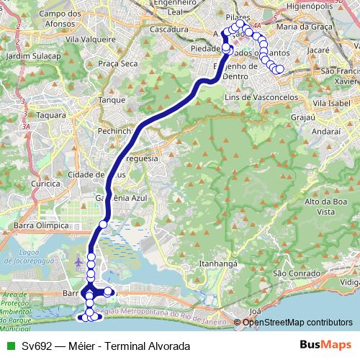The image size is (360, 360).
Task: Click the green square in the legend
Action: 9,346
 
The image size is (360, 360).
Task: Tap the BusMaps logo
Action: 325,346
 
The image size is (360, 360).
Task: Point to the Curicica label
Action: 45,184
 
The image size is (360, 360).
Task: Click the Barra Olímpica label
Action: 40,225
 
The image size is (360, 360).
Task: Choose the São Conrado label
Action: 292,274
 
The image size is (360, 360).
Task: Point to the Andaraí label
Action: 326,132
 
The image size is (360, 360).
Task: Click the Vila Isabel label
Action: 333,103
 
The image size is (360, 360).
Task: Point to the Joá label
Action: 254,311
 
